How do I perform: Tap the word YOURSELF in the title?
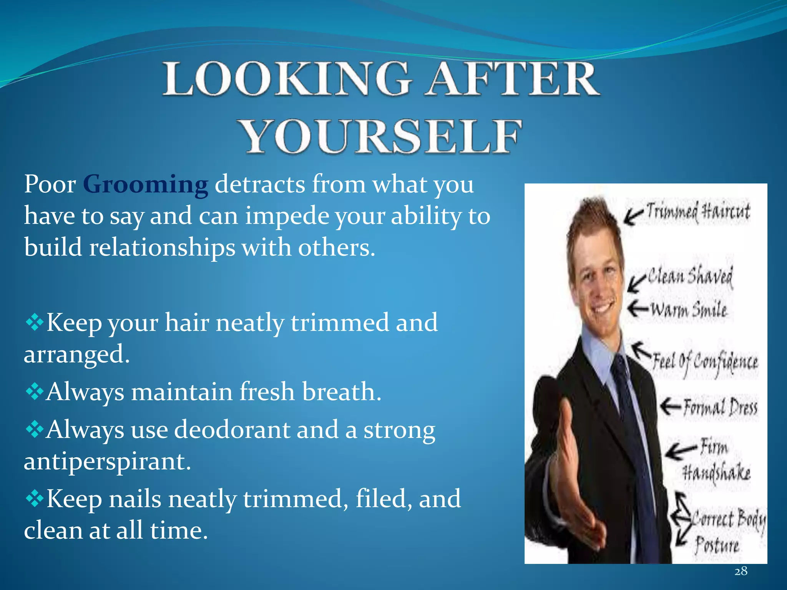[380, 136]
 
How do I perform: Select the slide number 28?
[741, 571]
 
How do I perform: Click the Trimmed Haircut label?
[698, 212]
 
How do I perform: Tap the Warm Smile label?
[688, 310]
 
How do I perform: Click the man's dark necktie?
[634, 423]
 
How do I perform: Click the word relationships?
[162, 247]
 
